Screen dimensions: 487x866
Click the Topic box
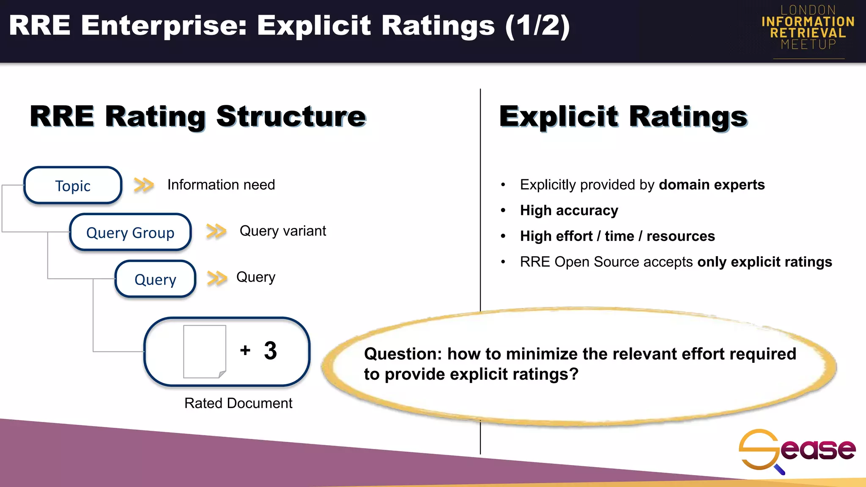point(73,186)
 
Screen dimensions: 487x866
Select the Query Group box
point(130,233)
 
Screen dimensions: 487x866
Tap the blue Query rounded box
point(155,279)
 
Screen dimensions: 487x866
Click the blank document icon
point(205,351)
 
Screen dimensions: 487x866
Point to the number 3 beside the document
point(270,351)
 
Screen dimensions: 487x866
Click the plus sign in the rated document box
point(245,350)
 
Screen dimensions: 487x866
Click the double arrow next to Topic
point(144,185)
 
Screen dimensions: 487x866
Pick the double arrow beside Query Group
point(216,231)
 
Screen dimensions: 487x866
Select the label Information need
point(221,185)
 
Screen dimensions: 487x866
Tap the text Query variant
point(282,231)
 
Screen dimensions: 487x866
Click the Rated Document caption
point(238,403)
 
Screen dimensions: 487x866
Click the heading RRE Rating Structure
point(198,116)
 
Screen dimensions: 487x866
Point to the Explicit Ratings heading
point(623,116)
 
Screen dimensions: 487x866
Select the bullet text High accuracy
point(569,211)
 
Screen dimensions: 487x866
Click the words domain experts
point(712,185)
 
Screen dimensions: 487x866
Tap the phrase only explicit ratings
point(765,262)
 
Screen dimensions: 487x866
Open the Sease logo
point(797,450)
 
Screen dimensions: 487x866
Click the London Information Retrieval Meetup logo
point(808,28)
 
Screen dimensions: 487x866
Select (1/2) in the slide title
point(537,26)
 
